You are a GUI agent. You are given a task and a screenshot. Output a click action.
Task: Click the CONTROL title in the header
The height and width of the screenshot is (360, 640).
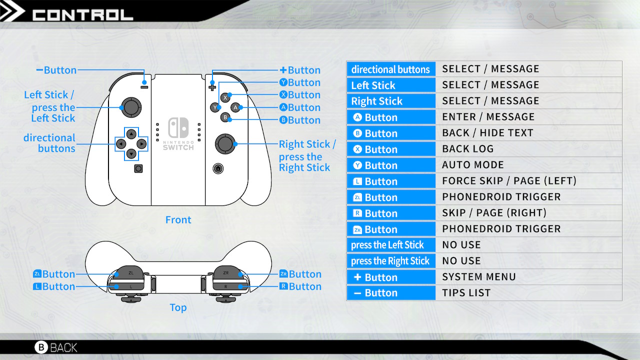click(83, 15)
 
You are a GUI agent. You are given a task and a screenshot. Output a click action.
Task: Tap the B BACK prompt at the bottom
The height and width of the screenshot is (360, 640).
click(56, 347)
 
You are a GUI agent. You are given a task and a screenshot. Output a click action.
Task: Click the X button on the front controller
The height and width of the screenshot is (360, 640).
click(225, 97)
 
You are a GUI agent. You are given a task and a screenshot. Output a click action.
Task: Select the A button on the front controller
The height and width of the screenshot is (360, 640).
click(235, 107)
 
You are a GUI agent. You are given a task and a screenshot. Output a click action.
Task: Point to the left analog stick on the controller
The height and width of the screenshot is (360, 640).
click(131, 107)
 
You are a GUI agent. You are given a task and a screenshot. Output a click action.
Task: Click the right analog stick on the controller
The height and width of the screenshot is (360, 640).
click(225, 143)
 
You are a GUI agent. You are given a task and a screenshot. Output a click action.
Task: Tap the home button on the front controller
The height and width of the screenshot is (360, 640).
click(218, 168)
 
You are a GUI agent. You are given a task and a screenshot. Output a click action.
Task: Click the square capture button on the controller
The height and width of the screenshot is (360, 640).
click(138, 168)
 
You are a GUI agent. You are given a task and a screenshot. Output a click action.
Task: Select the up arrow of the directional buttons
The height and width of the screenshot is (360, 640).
click(131, 133)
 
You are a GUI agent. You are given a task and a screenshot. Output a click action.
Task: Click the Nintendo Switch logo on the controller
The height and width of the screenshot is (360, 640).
click(178, 133)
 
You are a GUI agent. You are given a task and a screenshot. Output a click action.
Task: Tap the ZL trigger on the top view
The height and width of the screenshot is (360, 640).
click(130, 272)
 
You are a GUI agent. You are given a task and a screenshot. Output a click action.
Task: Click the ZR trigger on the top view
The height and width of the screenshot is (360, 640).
click(226, 272)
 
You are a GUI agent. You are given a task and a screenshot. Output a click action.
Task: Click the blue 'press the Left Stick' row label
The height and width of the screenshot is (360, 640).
click(391, 245)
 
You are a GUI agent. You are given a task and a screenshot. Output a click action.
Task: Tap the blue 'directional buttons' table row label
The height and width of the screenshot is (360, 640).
click(391, 69)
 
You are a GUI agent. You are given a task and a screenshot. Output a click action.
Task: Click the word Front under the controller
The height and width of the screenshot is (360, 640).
click(178, 219)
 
